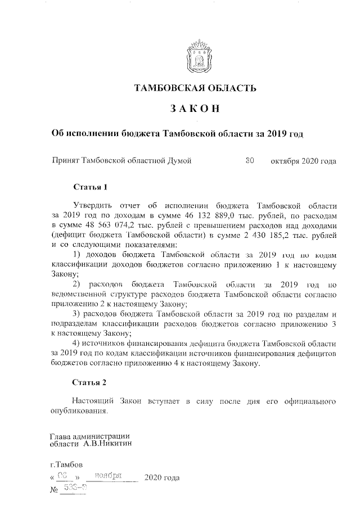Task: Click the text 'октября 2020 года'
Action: (x=303, y=161)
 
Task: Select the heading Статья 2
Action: (x=89, y=382)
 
